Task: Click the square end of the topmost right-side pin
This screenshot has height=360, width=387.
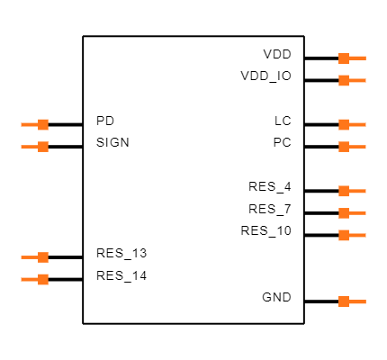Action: coord(344,58)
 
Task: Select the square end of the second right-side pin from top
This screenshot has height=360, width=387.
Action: coord(344,81)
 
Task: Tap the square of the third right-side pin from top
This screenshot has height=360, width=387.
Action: coord(344,125)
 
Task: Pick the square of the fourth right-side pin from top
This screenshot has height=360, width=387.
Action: coord(344,147)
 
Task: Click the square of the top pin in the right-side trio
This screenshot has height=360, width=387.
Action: coord(344,191)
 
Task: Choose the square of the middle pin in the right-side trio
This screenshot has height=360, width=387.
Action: coord(344,213)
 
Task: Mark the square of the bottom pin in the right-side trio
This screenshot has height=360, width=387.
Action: coord(344,235)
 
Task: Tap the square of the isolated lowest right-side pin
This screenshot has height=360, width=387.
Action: coord(344,301)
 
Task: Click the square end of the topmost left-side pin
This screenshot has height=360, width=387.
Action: coord(43,125)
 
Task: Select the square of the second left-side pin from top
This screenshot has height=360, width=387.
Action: coord(43,147)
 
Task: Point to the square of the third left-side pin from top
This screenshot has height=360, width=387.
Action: coord(43,257)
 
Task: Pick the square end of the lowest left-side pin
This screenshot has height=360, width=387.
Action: coord(43,279)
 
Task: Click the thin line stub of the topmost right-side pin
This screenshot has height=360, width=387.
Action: coord(358,58)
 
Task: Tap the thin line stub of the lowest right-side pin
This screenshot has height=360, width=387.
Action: coord(358,301)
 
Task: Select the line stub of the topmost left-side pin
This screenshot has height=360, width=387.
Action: coord(29,125)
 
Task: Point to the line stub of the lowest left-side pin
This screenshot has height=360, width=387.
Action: coord(29,279)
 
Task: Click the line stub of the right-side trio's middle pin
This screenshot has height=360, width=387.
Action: coord(358,213)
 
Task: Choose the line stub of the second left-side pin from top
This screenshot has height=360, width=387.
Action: coord(29,147)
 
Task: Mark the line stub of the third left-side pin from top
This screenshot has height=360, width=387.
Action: coord(29,257)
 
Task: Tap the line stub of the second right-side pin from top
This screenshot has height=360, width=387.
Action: coord(358,81)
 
